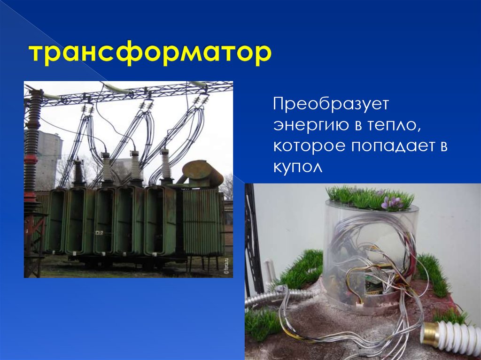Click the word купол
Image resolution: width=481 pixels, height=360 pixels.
298,167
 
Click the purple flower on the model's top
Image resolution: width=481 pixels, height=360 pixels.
392,202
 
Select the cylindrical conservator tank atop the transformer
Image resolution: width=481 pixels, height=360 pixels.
203,172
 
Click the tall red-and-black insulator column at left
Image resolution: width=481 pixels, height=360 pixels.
32,155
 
